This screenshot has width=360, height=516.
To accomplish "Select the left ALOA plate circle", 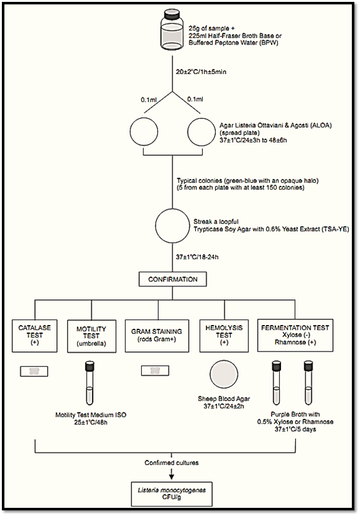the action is [x=144, y=132].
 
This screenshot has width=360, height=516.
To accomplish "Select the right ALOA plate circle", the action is [x=201, y=132].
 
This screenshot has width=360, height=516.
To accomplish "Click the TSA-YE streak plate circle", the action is [x=172, y=226].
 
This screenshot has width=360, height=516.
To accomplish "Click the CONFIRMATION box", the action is [x=172, y=279].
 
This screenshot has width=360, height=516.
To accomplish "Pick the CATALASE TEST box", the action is [x=34, y=336].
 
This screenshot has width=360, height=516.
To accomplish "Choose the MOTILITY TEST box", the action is [x=92, y=336].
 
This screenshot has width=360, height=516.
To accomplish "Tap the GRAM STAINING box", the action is [x=157, y=336].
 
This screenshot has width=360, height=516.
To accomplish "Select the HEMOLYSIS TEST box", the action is [x=224, y=335].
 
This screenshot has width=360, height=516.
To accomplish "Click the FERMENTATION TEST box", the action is [x=295, y=335].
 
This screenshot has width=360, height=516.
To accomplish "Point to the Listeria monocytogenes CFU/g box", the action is [x=172, y=494].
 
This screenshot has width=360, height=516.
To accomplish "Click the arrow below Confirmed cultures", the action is [x=171, y=473].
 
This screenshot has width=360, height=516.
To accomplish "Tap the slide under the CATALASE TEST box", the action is [x=34, y=371].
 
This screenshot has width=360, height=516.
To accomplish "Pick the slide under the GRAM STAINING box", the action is [x=155, y=371].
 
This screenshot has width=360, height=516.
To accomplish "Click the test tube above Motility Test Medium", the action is [x=90, y=384].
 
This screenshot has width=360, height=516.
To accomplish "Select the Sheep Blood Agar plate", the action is [x=223, y=374].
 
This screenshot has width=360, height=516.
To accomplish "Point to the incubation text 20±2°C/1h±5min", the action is [x=201, y=72].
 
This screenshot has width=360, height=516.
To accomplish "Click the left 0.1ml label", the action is [x=149, y=99].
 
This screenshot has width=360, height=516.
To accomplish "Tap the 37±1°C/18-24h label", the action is [x=197, y=257].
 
